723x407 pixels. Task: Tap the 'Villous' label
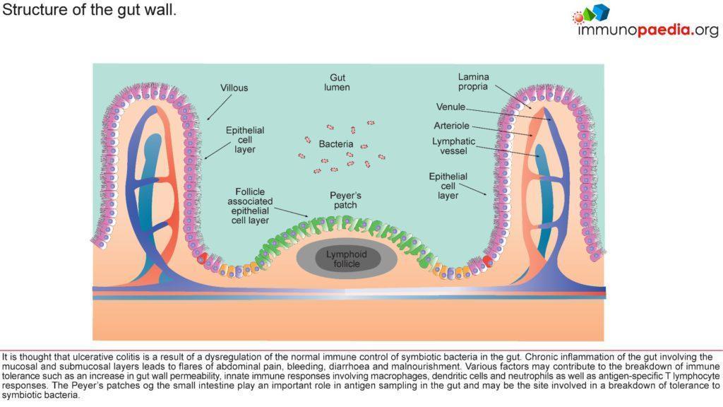coord(234,88)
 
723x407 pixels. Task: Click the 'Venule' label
coord(450,107)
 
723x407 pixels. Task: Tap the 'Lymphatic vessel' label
coord(453,146)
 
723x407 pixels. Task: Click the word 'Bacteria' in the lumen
coord(335,144)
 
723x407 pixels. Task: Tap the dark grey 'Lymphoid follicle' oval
coord(342,259)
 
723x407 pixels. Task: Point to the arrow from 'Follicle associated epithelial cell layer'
coord(289,211)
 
